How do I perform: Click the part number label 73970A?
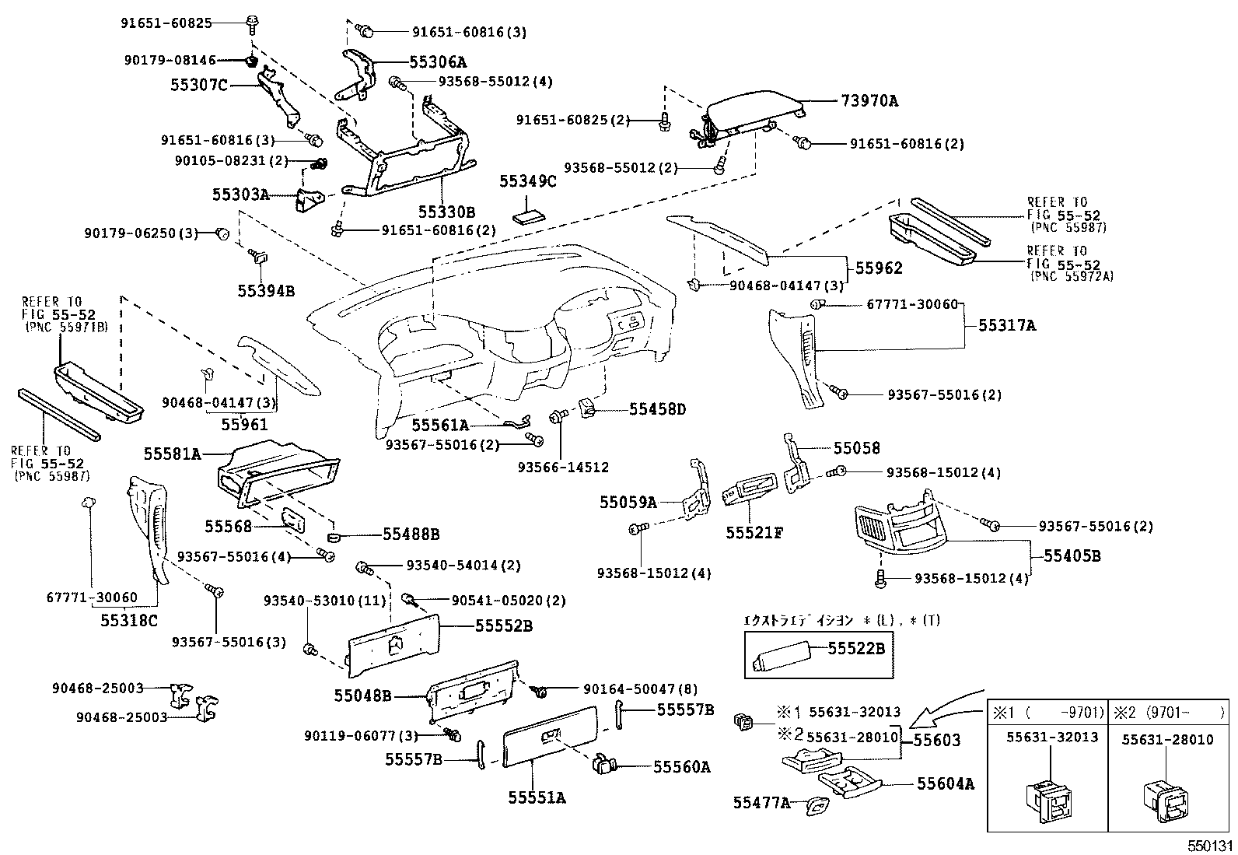[869, 101]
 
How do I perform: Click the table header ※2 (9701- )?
[1167, 713]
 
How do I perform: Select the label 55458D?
[658, 408]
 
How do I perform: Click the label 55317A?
[1007, 326]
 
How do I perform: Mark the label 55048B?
[363, 696]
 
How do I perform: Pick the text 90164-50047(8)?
[641, 689]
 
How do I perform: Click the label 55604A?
[945, 783]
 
